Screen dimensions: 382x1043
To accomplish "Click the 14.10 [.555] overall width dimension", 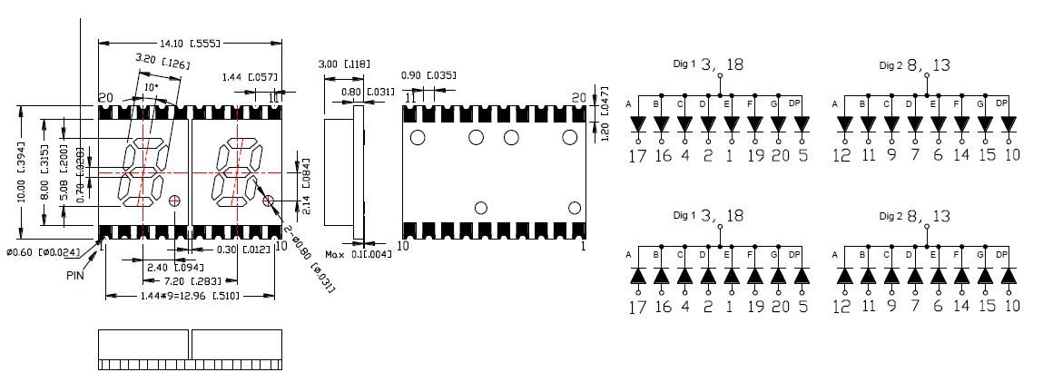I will tap(189, 43).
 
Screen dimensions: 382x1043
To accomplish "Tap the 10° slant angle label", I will tap(152, 87).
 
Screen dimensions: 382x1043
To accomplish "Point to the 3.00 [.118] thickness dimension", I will tap(342, 64).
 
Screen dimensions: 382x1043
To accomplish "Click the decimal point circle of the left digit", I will tap(175, 200).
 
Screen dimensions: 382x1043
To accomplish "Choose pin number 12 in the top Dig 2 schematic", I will tap(842, 155).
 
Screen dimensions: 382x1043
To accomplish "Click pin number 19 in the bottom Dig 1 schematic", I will tap(753, 307).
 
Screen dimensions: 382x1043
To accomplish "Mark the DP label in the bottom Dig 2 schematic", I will tap(1002, 255).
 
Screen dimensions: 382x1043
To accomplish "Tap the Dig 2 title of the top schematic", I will tap(890, 65).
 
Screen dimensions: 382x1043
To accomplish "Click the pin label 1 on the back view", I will tap(584, 245).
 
